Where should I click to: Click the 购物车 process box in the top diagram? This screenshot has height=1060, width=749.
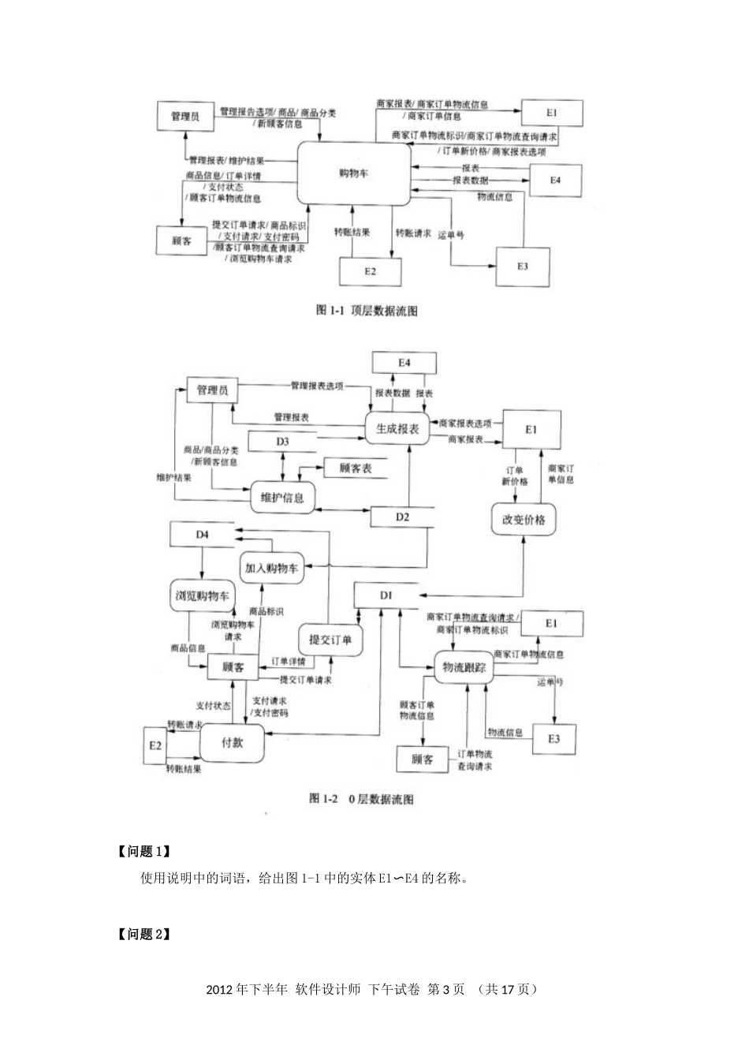pyautogui.click(x=354, y=173)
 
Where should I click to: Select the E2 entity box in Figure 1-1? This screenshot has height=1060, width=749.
pyautogui.click(x=370, y=271)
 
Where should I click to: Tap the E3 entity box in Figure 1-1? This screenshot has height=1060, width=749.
pyautogui.click(x=523, y=267)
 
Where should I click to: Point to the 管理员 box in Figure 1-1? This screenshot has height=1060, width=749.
pyautogui.click(x=185, y=117)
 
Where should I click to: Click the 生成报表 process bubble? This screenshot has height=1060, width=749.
pyautogui.click(x=397, y=428)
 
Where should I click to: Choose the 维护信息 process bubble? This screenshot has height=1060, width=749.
pyautogui.click(x=281, y=498)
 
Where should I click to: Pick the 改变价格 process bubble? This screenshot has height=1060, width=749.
pyautogui.click(x=524, y=520)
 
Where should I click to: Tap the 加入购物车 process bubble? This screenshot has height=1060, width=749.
pyautogui.click(x=270, y=568)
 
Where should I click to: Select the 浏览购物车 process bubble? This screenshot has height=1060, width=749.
pyautogui.click(x=202, y=596)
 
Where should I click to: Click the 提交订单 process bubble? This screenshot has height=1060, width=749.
pyautogui.click(x=330, y=640)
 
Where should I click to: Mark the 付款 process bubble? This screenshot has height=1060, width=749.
pyautogui.click(x=232, y=743)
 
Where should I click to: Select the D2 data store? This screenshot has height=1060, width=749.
pyautogui.click(x=402, y=517)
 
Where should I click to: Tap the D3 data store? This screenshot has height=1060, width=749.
pyautogui.click(x=282, y=442)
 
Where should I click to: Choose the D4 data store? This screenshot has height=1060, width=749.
pyautogui.click(x=203, y=535)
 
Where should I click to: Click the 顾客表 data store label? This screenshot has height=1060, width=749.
pyautogui.click(x=356, y=468)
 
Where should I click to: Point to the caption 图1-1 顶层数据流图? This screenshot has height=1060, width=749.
pyautogui.click(x=367, y=311)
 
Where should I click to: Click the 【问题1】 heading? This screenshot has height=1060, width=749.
pyautogui.click(x=144, y=852)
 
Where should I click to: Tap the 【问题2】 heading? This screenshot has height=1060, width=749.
pyautogui.click(x=144, y=935)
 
